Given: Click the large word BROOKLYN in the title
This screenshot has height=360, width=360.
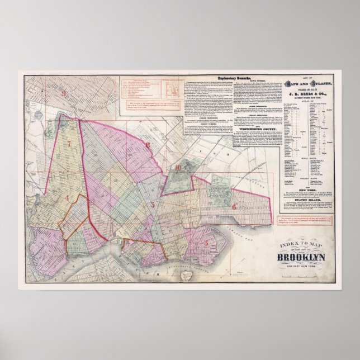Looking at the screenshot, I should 304,258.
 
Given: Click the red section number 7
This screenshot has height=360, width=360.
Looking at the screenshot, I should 70,144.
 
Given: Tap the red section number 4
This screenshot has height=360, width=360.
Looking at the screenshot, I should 68,198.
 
